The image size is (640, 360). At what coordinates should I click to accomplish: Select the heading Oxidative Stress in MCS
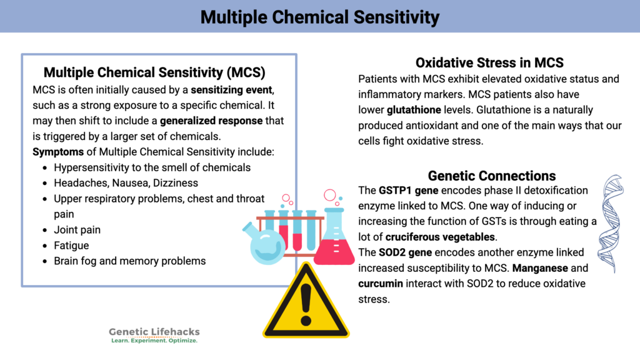[489, 63]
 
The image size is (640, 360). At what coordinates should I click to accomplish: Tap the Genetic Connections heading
[492, 176]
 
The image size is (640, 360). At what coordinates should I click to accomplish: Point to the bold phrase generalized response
[211, 121]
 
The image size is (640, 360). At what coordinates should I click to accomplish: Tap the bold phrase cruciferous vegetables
[441, 237]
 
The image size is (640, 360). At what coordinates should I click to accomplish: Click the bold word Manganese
[552, 268]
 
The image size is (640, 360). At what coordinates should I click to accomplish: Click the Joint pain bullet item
[77, 230]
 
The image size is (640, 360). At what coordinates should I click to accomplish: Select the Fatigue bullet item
[71, 246]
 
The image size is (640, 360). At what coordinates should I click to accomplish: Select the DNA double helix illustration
[611, 222]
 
